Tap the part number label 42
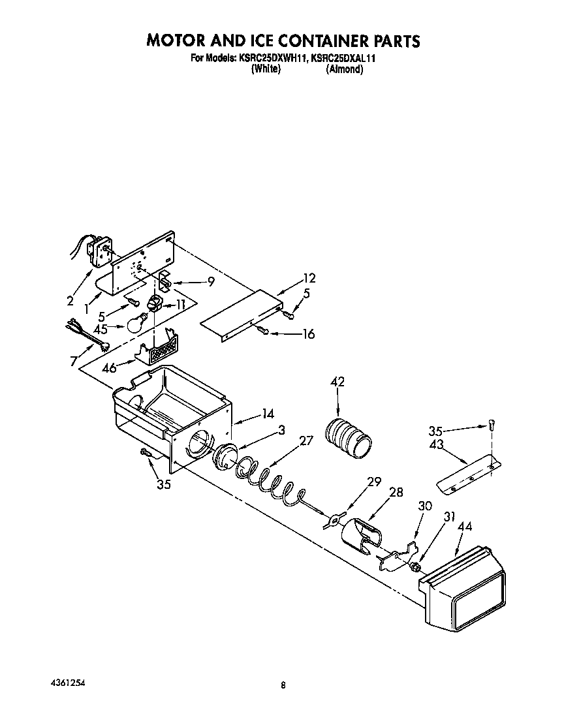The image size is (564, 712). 338,382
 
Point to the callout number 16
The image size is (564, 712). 307,335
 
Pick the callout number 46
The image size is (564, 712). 109,369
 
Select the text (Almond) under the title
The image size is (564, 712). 344,69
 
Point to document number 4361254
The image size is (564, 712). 68,681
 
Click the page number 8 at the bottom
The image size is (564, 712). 283,685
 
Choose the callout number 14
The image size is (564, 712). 267,413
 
